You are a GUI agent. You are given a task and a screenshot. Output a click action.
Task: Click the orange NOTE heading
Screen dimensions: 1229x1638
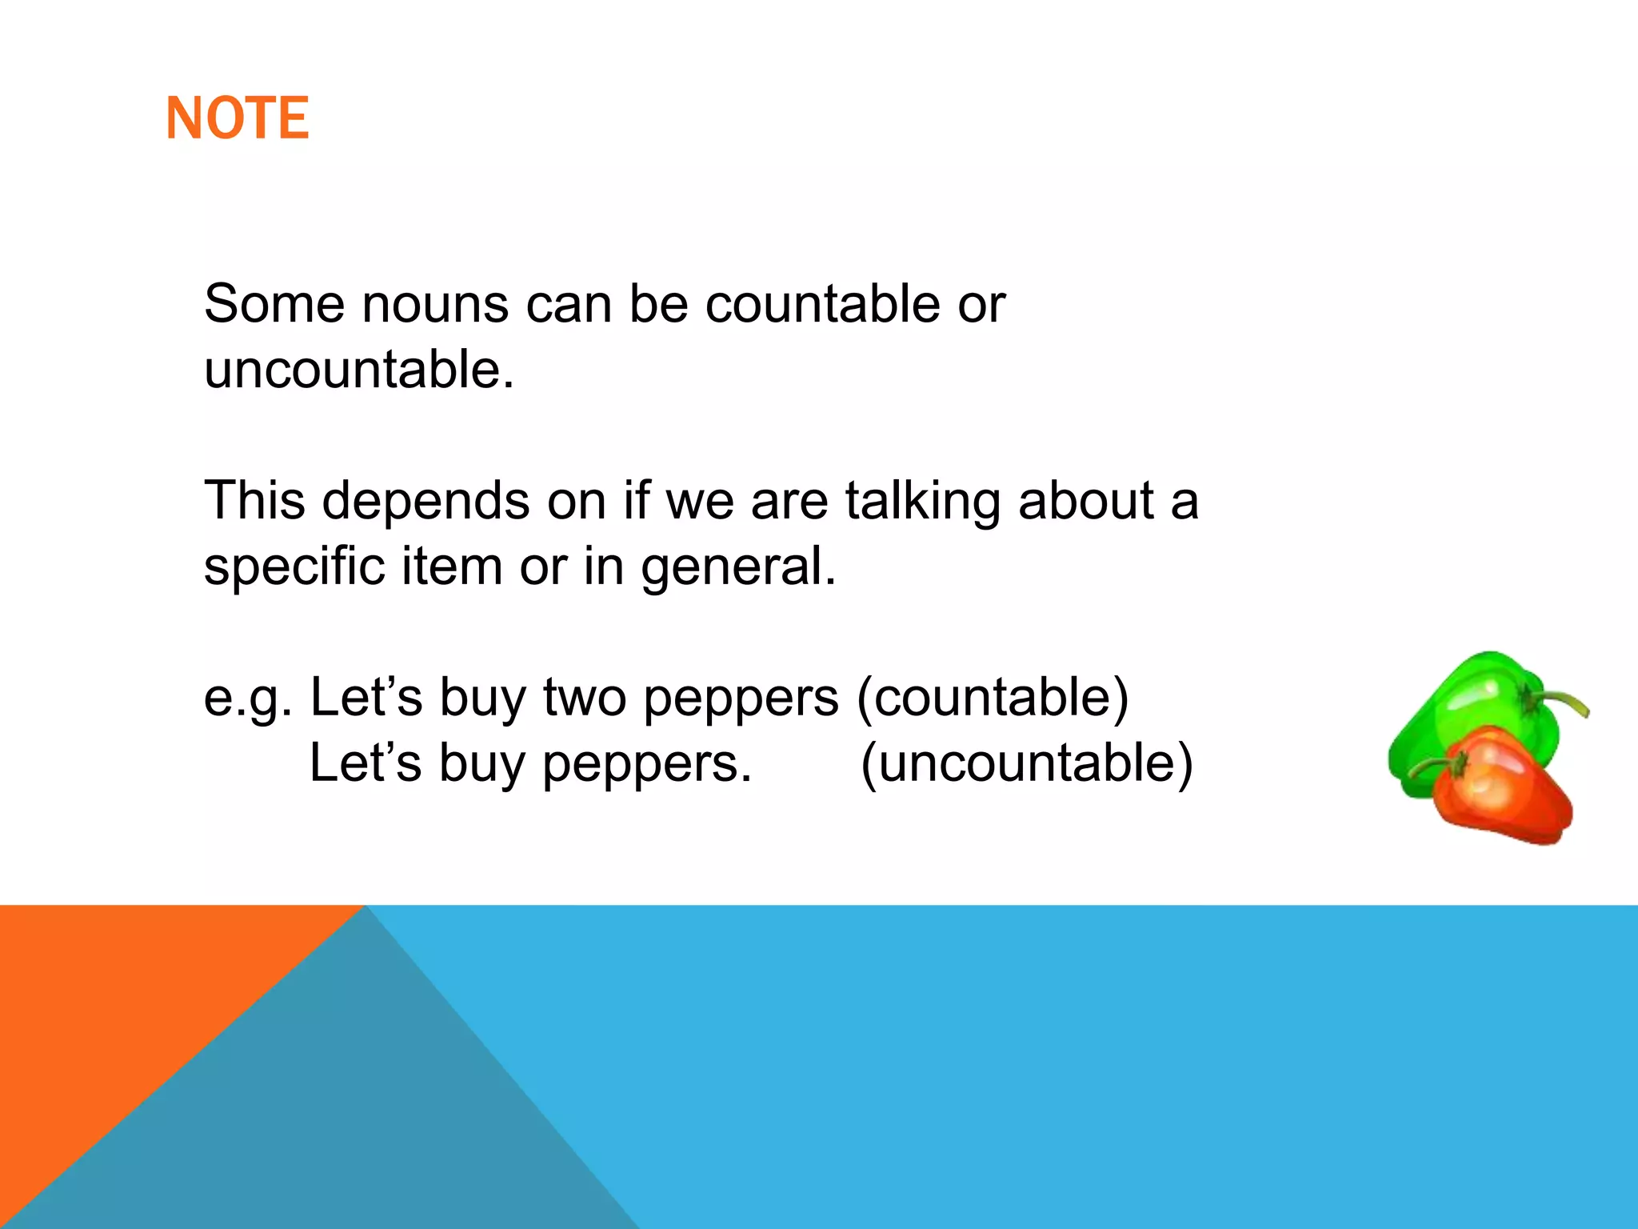(237, 118)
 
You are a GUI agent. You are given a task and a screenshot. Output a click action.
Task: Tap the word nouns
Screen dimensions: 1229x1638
(435, 304)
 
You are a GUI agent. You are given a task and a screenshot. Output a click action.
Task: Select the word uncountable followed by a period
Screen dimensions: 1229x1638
(358, 370)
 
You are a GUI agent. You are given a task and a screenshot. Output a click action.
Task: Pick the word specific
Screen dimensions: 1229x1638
(294, 566)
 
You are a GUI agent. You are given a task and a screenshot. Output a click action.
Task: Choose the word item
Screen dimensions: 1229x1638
(451, 566)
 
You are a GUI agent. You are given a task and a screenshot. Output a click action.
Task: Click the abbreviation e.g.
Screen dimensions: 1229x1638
(248, 698)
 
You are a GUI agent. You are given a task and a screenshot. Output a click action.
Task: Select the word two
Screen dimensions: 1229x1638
(585, 698)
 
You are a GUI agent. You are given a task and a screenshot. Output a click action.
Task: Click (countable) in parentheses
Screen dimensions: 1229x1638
(993, 698)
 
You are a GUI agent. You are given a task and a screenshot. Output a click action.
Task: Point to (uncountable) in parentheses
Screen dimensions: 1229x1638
(1026, 763)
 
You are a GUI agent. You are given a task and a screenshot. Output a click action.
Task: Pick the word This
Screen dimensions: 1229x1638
(254, 501)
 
